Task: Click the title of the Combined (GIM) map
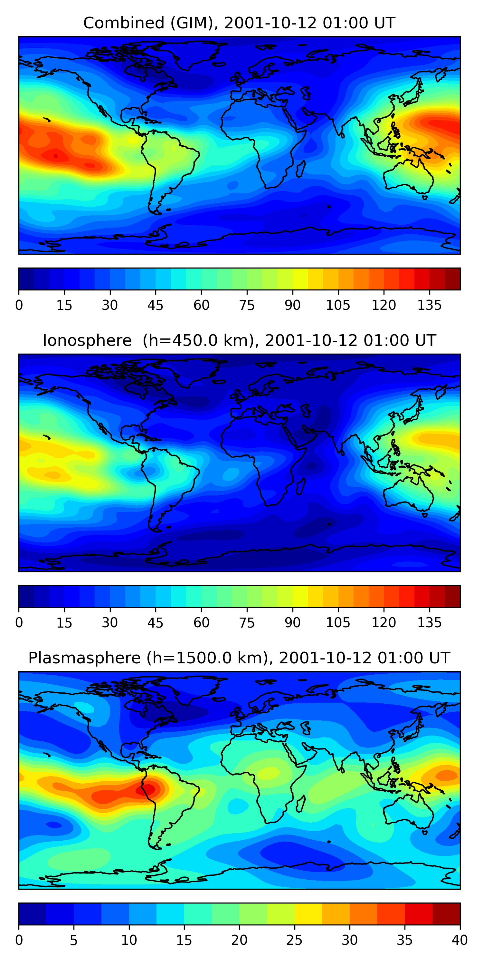click(x=239, y=23)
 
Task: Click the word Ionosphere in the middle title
click(x=87, y=340)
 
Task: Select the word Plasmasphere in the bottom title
click(x=84, y=658)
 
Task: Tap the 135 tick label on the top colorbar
click(x=429, y=305)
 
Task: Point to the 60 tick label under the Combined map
click(x=201, y=305)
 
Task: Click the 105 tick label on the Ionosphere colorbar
click(x=338, y=623)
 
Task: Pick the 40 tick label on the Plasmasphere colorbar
click(x=459, y=940)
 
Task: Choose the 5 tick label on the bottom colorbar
click(x=73, y=940)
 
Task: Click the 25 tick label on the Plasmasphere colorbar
click(x=294, y=940)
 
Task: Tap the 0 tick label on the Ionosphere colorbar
click(x=19, y=623)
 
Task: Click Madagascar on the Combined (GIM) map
click(x=301, y=169)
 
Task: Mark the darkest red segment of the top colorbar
click(x=452, y=279)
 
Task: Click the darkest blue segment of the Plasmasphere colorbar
click(x=32, y=914)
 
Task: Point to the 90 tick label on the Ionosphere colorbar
click(x=292, y=623)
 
